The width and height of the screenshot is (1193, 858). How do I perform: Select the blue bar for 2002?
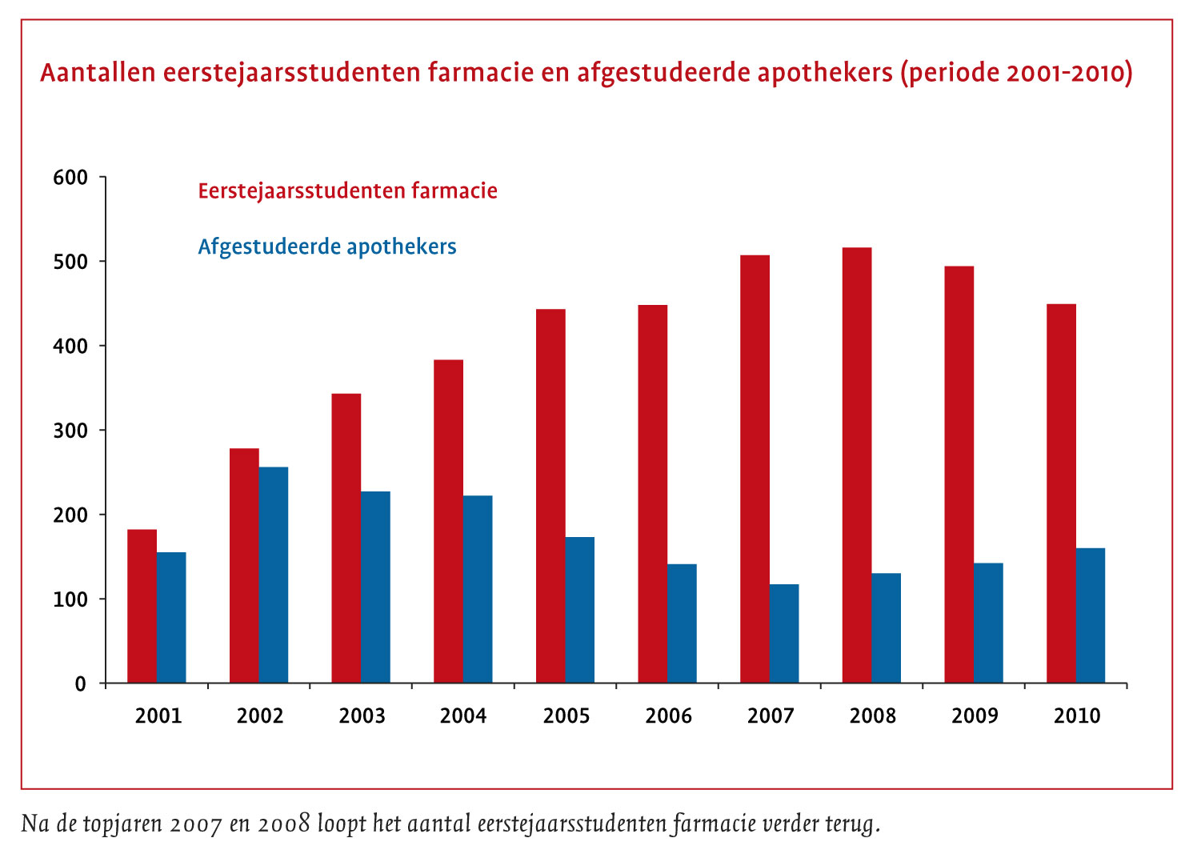tap(274, 575)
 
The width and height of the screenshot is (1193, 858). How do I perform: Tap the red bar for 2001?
tap(142, 606)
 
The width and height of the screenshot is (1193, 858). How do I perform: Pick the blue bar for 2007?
tap(784, 633)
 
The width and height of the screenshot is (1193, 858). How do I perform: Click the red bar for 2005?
tap(550, 496)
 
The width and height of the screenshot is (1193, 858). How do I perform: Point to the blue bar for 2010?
tap(1091, 615)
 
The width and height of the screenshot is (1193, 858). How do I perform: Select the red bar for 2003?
tap(346, 538)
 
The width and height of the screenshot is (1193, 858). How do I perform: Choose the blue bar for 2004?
tap(478, 589)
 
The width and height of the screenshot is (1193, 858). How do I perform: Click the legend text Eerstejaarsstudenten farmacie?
tap(347, 191)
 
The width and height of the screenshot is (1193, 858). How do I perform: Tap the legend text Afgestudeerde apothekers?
tap(327, 247)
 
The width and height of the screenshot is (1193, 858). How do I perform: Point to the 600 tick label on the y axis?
tap(70, 178)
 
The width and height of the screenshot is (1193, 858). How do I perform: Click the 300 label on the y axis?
tap(70, 431)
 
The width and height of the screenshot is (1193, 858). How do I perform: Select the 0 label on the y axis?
tap(80, 684)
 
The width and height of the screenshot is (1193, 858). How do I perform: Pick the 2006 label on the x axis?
tap(668, 716)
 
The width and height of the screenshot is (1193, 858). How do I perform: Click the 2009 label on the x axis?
tap(975, 716)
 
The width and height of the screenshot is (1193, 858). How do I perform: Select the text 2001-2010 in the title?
tap(1065, 73)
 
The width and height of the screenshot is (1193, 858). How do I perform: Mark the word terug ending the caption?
tap(852, 824)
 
